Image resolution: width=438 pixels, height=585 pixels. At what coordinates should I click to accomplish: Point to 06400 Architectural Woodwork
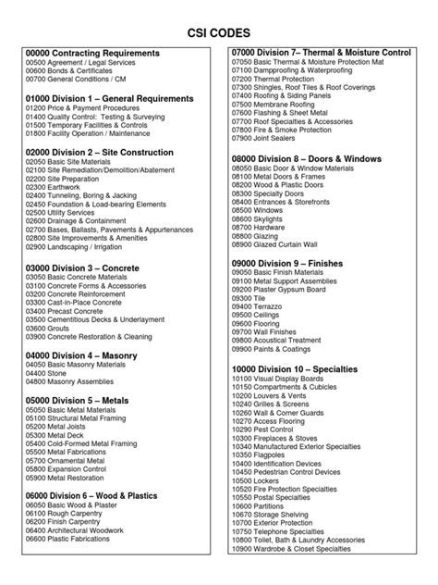coord(85,556)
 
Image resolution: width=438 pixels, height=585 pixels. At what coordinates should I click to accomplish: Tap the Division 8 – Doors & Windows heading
coord(306,160)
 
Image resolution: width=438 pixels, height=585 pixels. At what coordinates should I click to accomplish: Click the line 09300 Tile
coord(255,299)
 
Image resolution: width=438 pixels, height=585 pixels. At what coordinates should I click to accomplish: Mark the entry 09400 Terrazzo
coord(263,308)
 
